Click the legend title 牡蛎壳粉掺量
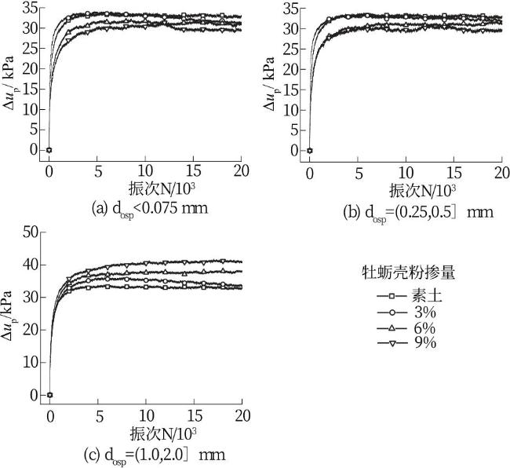pos(403,272)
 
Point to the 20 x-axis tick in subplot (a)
pos(241,172)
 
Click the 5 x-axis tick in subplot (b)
pos(358,172)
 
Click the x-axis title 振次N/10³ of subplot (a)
pos(144,189)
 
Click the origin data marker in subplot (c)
pos(49,395)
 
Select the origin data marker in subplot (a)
pos(49,149)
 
